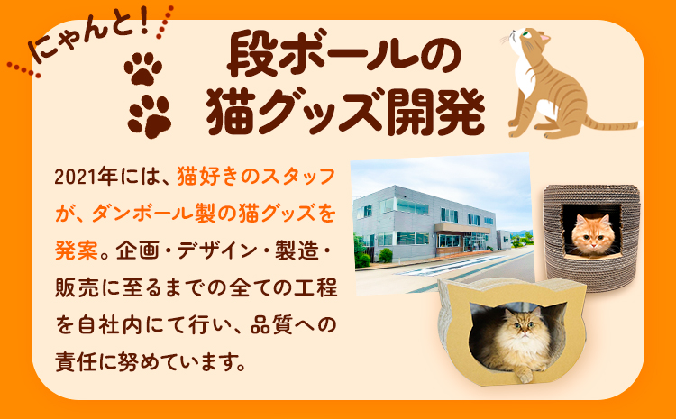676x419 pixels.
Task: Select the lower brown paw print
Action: click(148, 114)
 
